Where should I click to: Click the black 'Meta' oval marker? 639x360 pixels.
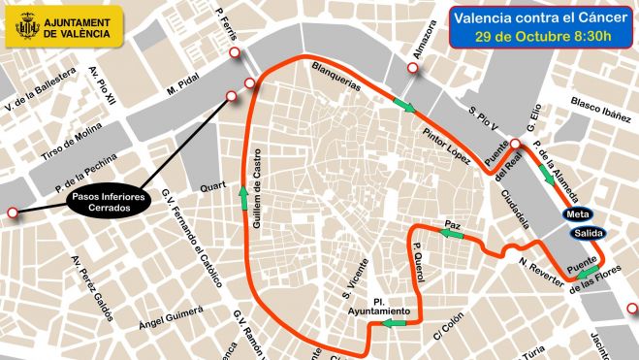[576, 214]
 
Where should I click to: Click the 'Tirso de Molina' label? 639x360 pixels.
[72, 146]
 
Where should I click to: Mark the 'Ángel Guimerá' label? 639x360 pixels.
[171, 317]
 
